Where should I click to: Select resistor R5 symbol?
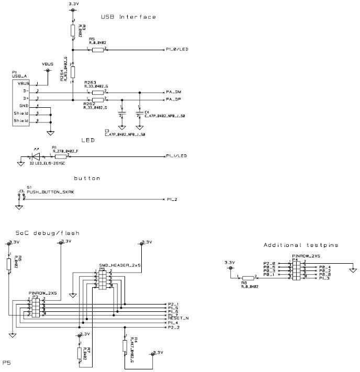pos(98,50)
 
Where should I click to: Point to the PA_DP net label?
pos(173,99)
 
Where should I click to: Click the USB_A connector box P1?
pos(22,102)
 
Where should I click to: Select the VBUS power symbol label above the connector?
pos(48,64)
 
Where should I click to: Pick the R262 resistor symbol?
pos(98,99)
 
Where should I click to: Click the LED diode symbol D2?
pos(36,156)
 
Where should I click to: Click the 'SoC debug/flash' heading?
pos(47,233)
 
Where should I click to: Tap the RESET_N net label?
pos(178,318)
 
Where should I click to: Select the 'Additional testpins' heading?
pos(301,245)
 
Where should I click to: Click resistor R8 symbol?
pos(248,277)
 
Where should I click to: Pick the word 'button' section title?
pos(86,178)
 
